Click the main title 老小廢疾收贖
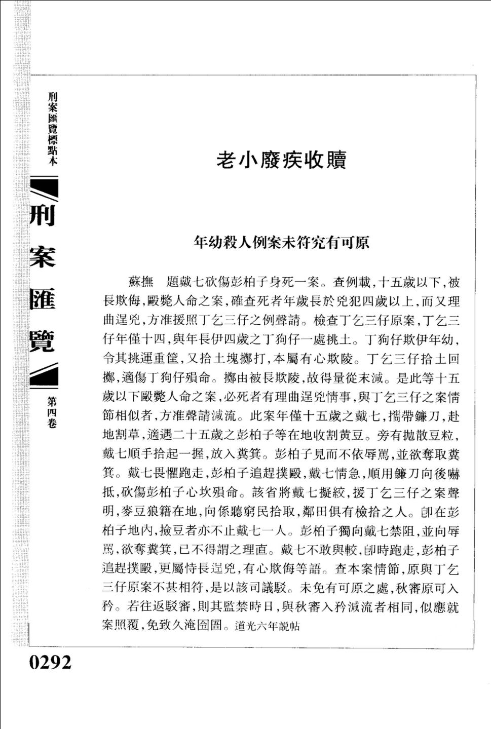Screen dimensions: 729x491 pos(281,160)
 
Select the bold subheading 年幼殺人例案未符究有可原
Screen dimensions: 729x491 pos(281,243)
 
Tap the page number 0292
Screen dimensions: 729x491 pos(50,662)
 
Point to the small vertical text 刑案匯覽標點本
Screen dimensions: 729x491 pos(52,128)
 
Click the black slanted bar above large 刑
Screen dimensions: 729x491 pos(45,187)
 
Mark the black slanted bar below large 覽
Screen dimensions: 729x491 pos(45,376)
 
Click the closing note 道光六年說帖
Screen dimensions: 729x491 pos(267,626)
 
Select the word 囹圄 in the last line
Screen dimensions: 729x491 pos(211,626)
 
